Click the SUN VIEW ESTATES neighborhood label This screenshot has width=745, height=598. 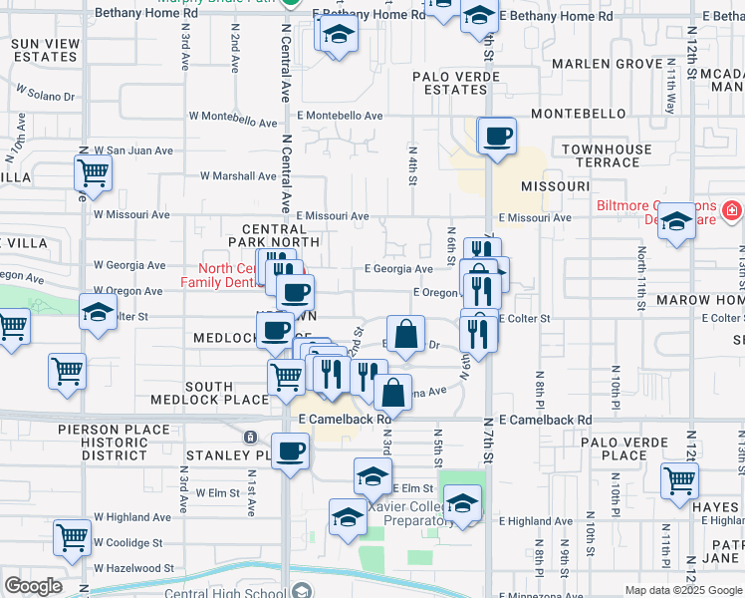pos(46,50)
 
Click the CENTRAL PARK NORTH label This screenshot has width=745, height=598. pos(274,234)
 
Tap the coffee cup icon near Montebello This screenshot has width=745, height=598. pos(497,137)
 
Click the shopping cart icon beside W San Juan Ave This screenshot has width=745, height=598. pos(94,173)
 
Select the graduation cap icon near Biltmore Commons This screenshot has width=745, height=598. pos(676,222)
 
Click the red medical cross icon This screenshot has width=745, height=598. pos(732,210)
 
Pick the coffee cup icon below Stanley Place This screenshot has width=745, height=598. pos(290,451)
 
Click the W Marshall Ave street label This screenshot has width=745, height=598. pos(236,176)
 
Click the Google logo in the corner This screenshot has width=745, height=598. pos(33,586)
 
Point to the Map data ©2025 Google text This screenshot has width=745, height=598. pos(682,590)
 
